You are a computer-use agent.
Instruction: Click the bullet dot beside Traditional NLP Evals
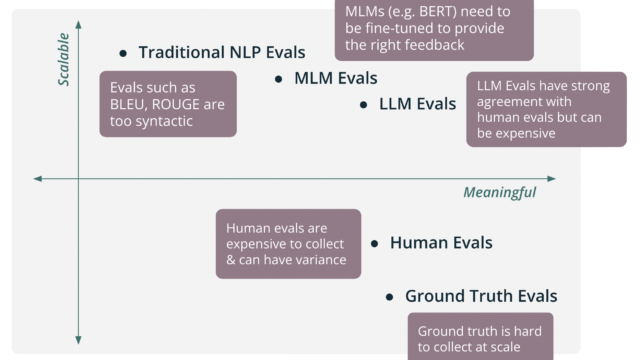[x=123, y=53]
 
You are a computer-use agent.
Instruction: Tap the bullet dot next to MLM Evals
[x=278, y=79]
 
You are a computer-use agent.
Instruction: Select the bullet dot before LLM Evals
[x=363, y=105]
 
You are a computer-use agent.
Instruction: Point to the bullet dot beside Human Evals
[x=374, y=244]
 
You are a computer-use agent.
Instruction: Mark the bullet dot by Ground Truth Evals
[x=389, y=297]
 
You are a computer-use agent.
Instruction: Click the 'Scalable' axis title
[x=63, y=60]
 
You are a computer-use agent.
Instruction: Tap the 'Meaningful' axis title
[x=500, y=192]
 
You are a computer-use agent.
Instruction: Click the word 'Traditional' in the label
[x=182, y=52]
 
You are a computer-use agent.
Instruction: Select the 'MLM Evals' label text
[x=336, y=78]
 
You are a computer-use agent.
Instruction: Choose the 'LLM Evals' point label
[x=418, y=104]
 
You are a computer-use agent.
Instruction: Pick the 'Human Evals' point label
[x=441, y=243]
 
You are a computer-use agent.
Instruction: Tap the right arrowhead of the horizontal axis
[x=551, y=178]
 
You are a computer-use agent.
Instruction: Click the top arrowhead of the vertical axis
[x=78, y=24]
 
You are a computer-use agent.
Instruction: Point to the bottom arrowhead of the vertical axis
[x=78, y=340]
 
